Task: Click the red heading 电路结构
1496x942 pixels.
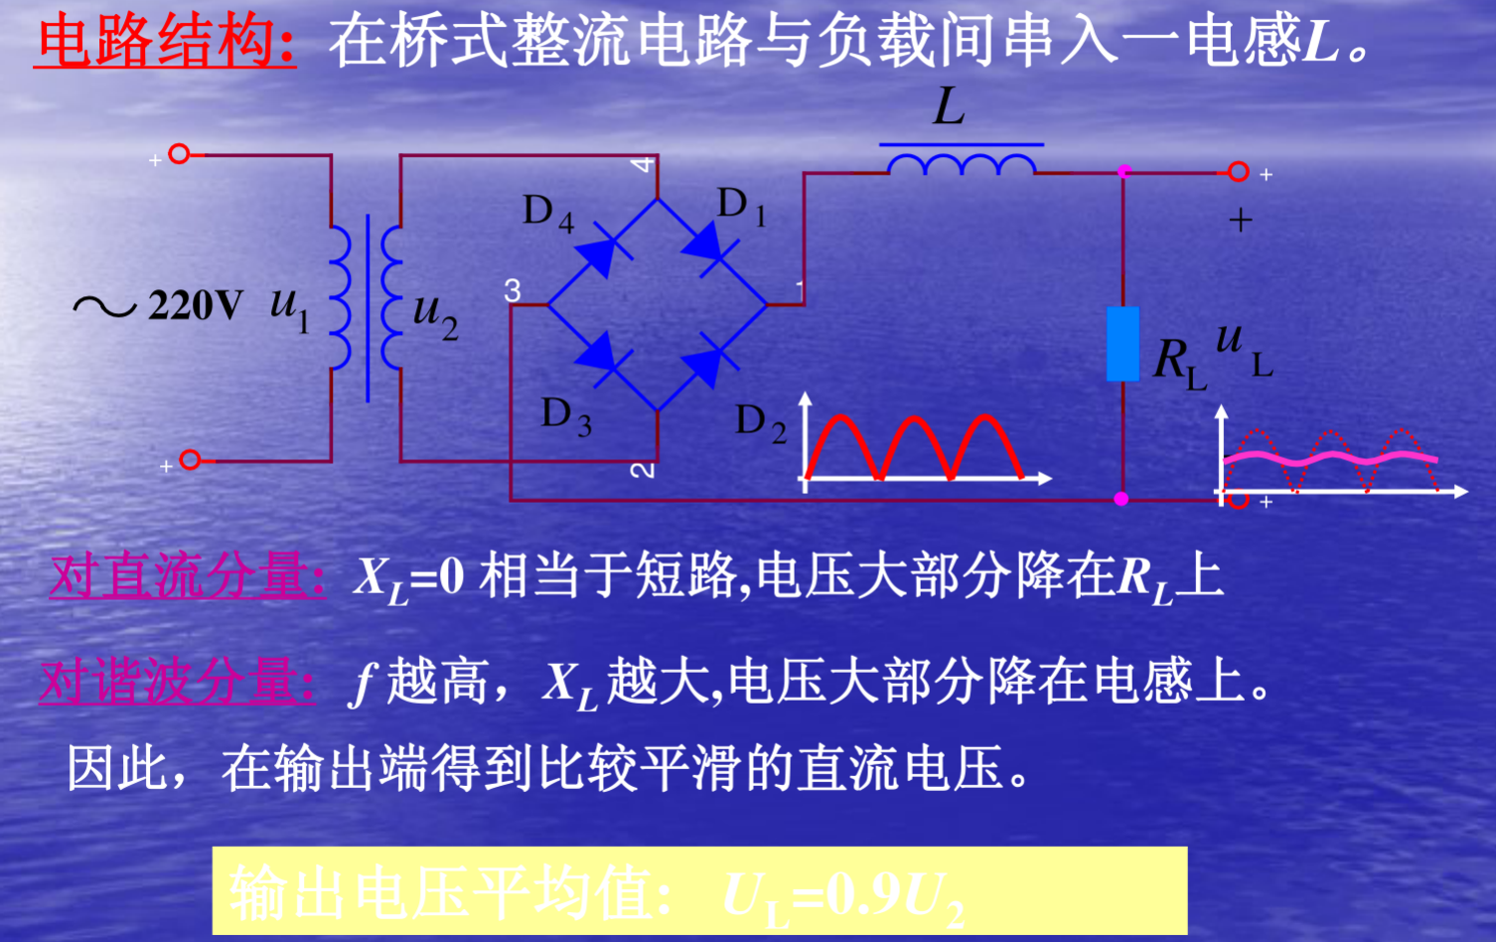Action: pyautogui.click(x=164, y=43)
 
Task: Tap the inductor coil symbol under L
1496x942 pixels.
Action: pyautogui.click(x=961, y=164)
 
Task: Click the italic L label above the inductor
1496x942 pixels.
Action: pyautogui.click(x=949, y=106)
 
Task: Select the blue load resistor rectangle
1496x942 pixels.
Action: pyautogui.click(x=1122, y=344)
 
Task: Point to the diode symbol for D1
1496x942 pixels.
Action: pyautogui.click(x=707, y=241)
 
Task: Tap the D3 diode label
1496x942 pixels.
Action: pyautogui.click(x=565, y=415)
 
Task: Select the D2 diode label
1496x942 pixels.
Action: pyautogui.click(x=760, y=423)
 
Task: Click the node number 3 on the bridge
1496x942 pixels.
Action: pyautogui.click(x=513, y=290)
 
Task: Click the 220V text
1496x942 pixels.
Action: pyautogui.click(x=195, y=305)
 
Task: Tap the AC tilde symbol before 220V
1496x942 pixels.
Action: pyautogui.click(x=104, y=306)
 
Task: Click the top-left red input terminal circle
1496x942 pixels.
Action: pyautogui.click(x=179, y=154)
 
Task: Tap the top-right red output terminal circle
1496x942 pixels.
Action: pyautogui.click(x=1238, y=172)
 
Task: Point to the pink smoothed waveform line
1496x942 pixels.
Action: pyautogui.click(x=1331, y=458)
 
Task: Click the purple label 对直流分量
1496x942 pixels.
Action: pyautogui.click(x=188, y=576)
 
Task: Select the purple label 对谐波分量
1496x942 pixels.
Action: pyautogui.click(x=178, y=682)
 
